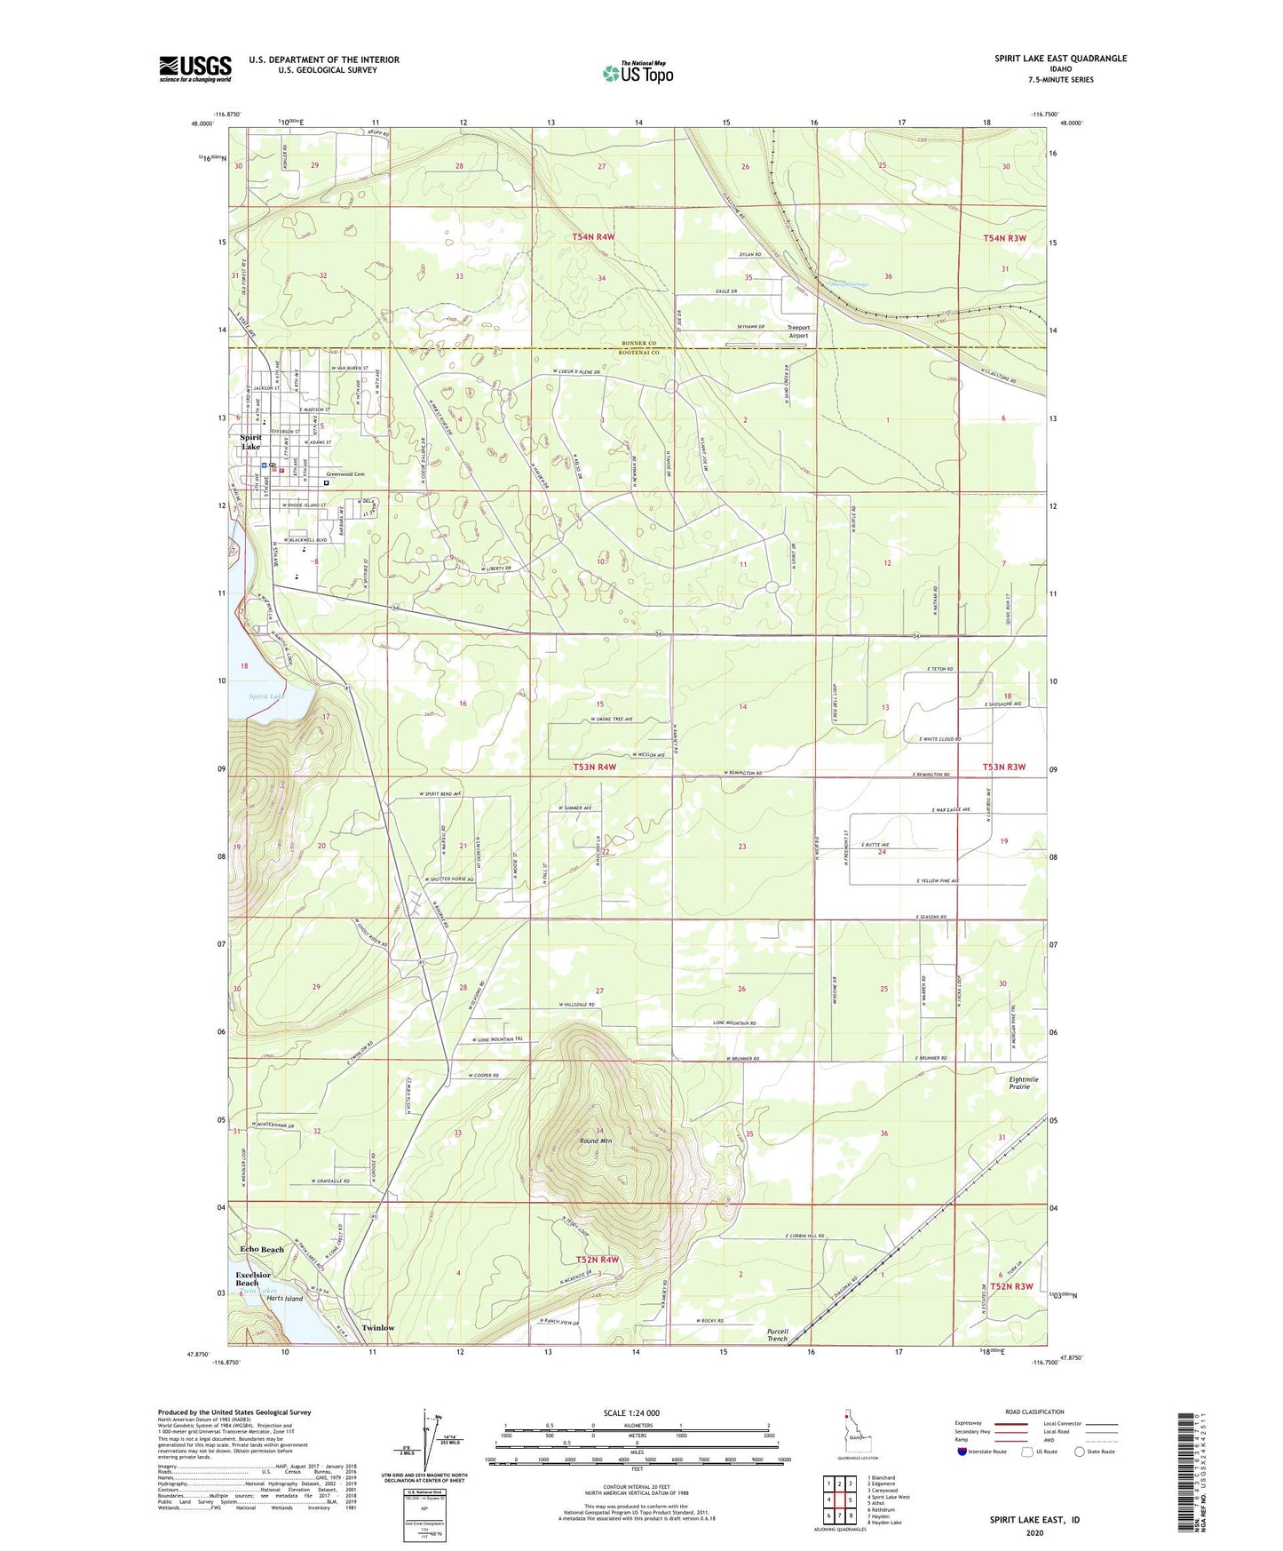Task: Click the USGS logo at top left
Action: (195, 68)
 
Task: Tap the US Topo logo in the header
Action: (638, 73)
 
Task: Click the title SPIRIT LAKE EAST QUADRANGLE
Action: (1060, 59)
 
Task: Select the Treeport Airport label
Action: (798, 331)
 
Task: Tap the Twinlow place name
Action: (378, 1327)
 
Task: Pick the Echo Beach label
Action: (262, 1249)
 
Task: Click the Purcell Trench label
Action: (777, 1334)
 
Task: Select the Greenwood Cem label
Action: (345, 474)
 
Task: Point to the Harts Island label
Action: (284, 1298)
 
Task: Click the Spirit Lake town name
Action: (250, 441)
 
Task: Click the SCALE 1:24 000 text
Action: (630, 1412)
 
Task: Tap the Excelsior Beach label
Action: (247, 1278)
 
